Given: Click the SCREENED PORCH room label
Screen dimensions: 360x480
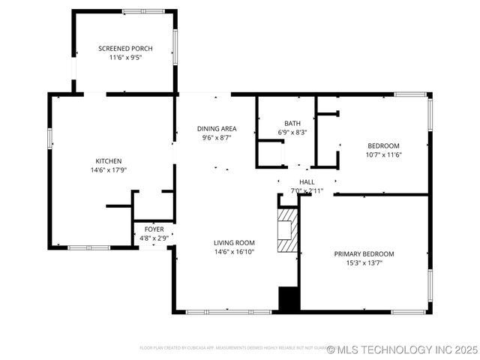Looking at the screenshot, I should pyautogui.click(x=125, y=48).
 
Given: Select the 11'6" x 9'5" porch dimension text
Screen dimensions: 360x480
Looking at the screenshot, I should pyautogui.click(x=125, y=57).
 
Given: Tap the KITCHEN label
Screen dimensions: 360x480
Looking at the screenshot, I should pyautogui.click(x=108, y=160).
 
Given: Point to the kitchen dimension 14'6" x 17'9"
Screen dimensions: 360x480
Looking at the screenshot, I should pyautogui.click(x=108, y=169).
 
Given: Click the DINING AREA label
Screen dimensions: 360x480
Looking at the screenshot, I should pyautogui.click(x=217, y=128).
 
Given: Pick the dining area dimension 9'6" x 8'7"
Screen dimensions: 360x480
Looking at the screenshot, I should pyautogui.click(x=217, y=137).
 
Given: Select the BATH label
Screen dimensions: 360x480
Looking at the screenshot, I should pyautogui.click(x=292, y=123).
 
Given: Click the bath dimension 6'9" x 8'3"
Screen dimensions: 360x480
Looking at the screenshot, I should pyautogui.click(x=292, y=132).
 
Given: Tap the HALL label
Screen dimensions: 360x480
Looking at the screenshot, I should pyautogui.click(x=307, y=181).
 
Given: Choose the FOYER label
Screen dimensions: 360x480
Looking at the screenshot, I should pyautogui.click(x=154, y=229).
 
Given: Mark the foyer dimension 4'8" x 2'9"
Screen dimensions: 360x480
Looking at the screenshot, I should pyautogui.click(x=154, y=238).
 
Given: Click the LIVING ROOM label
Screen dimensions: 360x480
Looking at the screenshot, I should pyautogui.click(x=234, y=242).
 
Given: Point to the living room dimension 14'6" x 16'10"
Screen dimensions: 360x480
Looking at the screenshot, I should pyautogui.click(x=234, y=251).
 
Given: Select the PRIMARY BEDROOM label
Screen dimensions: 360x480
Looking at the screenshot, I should pyautogui.click(x=364, y=253).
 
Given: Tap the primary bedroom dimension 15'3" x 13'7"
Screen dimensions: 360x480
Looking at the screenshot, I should pyautogui.click(x=364, y=262).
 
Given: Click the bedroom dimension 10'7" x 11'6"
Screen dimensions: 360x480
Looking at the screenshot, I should pyautogui.click(x=382, y=154).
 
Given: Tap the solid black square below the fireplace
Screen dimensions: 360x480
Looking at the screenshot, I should pyautogui.click(x=289, y=298).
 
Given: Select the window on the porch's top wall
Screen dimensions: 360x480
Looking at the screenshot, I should pyautogui.click(x=143, y=11).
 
